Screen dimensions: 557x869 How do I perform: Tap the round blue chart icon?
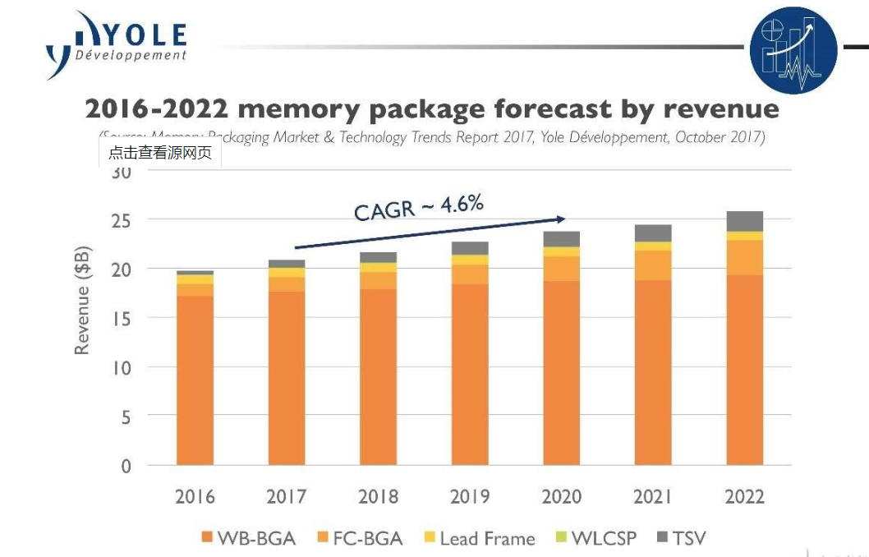[793, 50]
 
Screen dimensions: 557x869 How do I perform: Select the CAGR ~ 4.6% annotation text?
[418, 206]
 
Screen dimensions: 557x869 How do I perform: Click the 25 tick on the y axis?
[122, 220]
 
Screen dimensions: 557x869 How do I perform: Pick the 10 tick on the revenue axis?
[121, 367]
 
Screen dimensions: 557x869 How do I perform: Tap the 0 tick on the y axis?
[126, 466]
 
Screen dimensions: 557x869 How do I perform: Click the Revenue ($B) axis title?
[82, 301]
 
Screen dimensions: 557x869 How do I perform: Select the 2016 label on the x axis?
[195, 496]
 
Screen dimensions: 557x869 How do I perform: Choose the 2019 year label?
[470, 496]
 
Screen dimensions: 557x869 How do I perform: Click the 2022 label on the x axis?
[744, 496]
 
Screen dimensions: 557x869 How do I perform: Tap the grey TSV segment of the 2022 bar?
[744, 221]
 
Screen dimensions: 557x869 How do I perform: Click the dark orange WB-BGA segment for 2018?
[378, 377]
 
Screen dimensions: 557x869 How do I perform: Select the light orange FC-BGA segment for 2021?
[653, 265]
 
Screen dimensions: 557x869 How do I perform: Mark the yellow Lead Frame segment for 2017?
[287, 273]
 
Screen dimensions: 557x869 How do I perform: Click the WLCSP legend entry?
[595, 539]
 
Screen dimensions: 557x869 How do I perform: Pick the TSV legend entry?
[681, 539]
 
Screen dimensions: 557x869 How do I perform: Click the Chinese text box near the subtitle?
[160, 153]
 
